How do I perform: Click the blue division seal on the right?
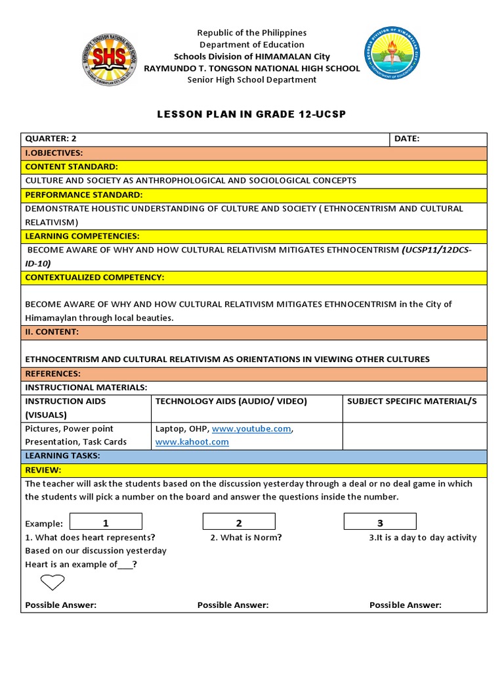click(392, 55)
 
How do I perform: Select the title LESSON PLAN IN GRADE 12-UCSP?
click(251, 114)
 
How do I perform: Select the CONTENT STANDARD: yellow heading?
click(72, 167)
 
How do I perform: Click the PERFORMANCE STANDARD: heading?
click(83, 195)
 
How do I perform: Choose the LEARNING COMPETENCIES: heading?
click(82, 236)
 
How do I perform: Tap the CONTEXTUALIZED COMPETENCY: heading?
click(94, 277)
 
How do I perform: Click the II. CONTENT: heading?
click(52, 332)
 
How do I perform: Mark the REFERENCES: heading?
click(52, 373)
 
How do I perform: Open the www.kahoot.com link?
click(192, 442)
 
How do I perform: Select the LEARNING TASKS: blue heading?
click(62, 455)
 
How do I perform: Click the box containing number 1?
click(106, 522)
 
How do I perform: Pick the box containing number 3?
click(380, 522)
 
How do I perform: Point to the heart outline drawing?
click(52, 582)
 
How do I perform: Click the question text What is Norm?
click(246, 538)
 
